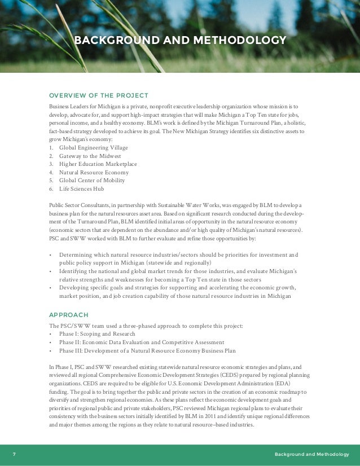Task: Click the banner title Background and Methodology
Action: (x=180, y=41)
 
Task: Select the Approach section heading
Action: (x=69, y=314)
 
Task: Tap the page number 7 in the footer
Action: (x=14, y=455)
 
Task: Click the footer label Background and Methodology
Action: (x=311, y=455)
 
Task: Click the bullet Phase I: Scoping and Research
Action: (x=97, y=334)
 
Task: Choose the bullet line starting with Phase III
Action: (x=147, y=350)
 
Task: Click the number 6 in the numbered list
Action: (x=51, y=189)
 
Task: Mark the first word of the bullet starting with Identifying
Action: (x=74, y=271)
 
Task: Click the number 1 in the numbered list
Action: (x=51, y=148)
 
